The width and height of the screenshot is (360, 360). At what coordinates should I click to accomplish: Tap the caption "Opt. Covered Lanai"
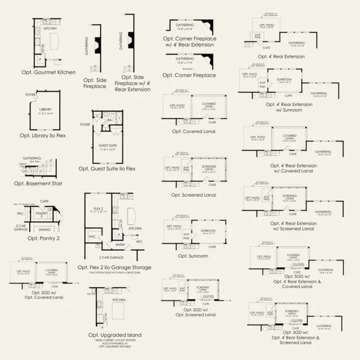[193, 132]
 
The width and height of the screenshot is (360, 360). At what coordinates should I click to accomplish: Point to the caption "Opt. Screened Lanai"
[193, 195]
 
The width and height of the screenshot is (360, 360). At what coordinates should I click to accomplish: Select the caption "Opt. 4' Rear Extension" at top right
[281, 56]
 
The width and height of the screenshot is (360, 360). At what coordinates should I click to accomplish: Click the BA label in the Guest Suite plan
[110, 120]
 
